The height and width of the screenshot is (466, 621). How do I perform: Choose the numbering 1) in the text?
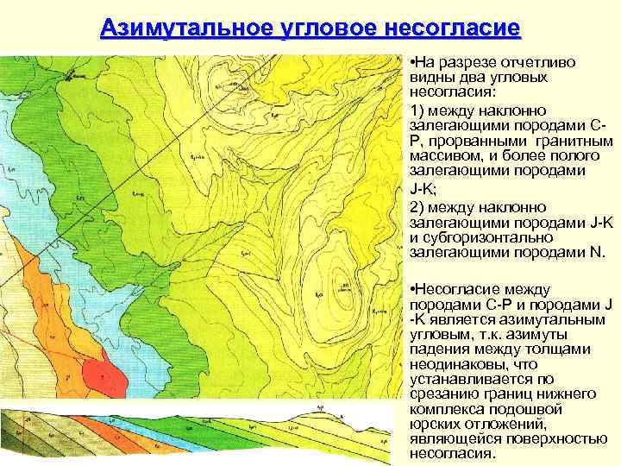417,110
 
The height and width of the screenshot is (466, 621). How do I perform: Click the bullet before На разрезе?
413,64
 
